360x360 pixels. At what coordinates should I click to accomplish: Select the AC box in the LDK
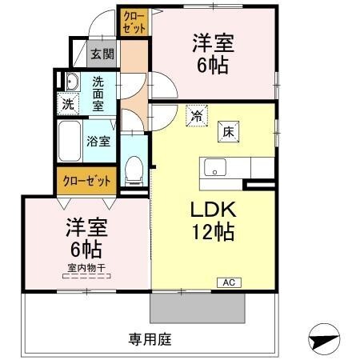tap(228, 282)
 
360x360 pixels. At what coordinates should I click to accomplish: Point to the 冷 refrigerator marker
tap(195, 116)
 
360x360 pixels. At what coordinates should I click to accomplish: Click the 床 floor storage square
tap(227, 130)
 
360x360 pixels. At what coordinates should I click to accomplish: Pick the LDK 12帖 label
tap(211, 220)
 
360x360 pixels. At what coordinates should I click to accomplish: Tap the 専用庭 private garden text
tap(150, 338)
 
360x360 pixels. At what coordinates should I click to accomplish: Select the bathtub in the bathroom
tap(69, 142)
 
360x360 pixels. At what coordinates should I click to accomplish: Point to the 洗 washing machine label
tap(69, 103)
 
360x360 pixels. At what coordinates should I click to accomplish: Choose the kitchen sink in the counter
tap(214, 168)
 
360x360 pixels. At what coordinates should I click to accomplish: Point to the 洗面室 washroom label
tap(98, 92)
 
